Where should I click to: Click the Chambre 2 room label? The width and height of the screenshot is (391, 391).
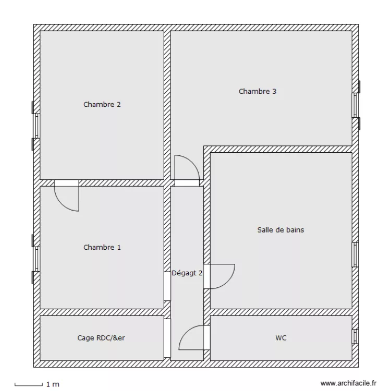pyautogui.click(x=102, y=104)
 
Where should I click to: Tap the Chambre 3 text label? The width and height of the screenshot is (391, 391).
pyautogui.click(x=258, y=91)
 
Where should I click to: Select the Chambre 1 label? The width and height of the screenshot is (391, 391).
pyautogui.click(x=102, y=247)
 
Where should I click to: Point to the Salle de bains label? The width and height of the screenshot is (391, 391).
pyautogui.click(x=280, y=229)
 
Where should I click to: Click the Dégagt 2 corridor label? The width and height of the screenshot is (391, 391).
pyautogui.click(x=187, y=272)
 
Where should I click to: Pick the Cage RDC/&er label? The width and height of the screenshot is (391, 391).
pyautogui.click(x=101, y=338)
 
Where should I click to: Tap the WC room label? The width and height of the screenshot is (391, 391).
pyautogui.click(x=281, y=338)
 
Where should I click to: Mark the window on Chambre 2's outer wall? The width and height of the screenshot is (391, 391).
pyautogui.click(x=36, y=126)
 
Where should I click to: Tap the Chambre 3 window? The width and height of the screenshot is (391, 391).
pyautogui.click(x=356, y=105)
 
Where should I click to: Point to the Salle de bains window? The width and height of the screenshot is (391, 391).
pyautogui.click(x=355, y=255)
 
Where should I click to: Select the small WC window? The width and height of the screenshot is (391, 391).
pyautogui.click(x=355, y=337)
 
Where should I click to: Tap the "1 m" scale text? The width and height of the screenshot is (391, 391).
pyautogui.click(x=53, y=384)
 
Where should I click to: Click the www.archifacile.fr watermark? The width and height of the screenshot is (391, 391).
pyautogui.click(x=348, y=383)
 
